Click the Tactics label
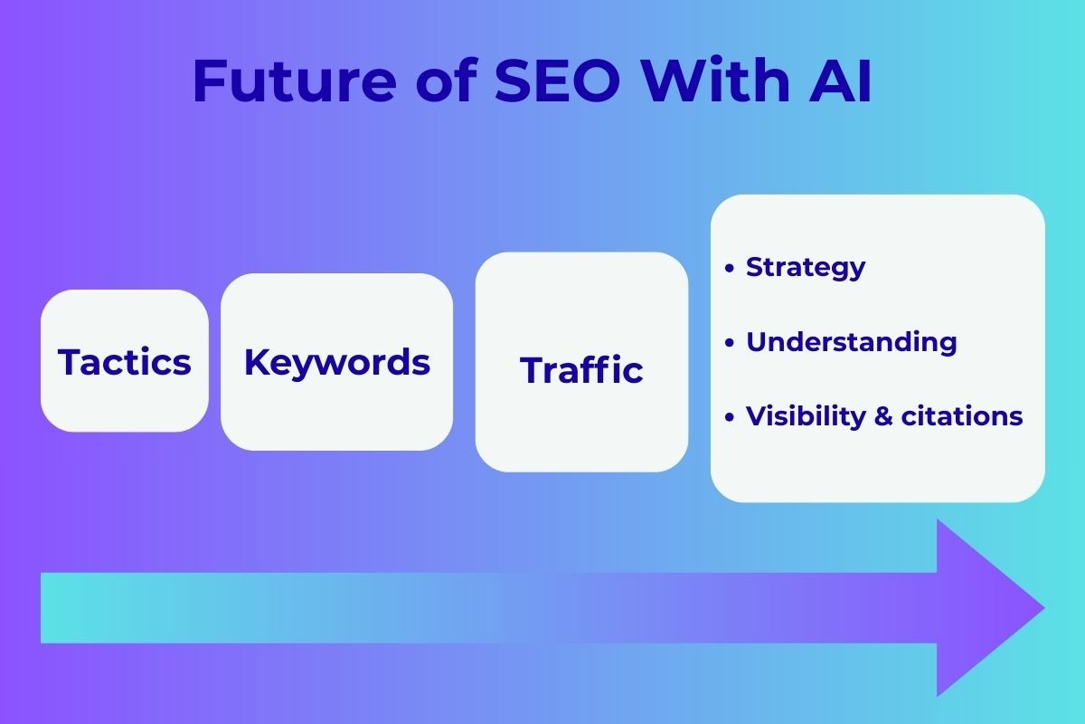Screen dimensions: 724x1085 [x=125, y=362]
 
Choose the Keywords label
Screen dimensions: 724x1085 [x=337, y=362]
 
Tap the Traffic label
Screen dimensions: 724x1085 [x=581, y=370]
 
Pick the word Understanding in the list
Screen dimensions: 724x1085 [x=851, y=342]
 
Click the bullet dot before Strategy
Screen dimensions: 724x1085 [x=730, y=268]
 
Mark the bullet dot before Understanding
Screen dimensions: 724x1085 [x=730, y=343]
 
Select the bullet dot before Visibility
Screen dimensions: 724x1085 [x=730, y=417]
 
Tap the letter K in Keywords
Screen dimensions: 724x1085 [x=257, y=362]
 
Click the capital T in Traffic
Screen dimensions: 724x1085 [x=532, y=370]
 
